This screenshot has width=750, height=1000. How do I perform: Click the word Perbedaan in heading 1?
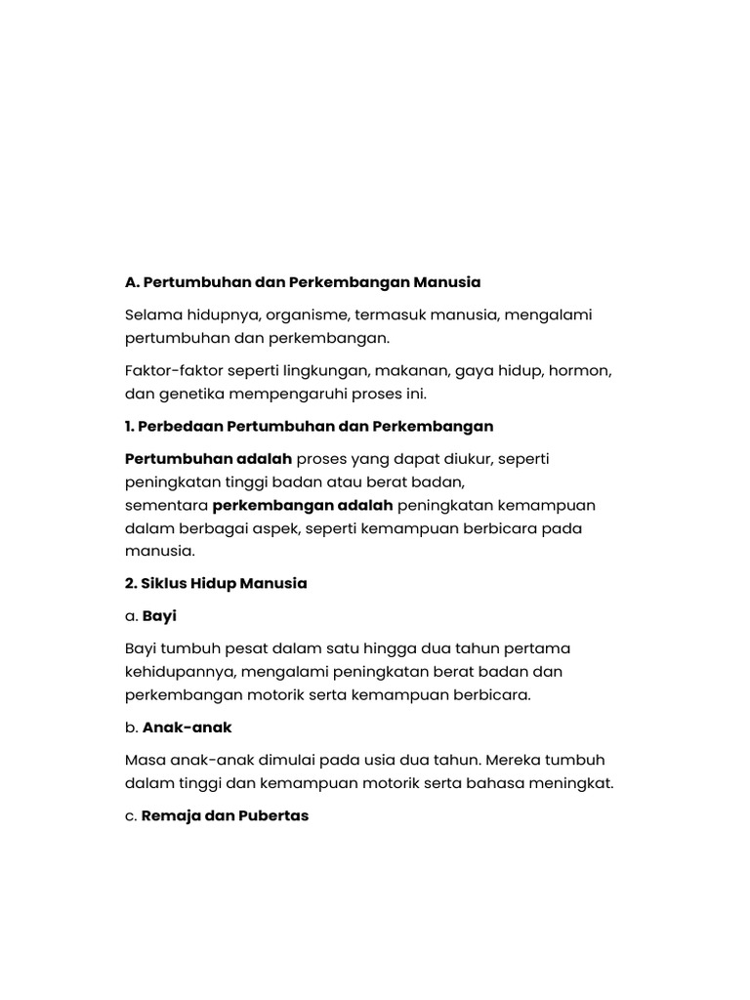tap(176, 427)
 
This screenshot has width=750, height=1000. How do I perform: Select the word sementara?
tap(166, 505)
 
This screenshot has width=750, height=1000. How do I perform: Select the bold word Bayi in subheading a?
tap(159, 616)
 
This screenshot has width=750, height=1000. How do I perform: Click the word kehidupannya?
tap(181, 672)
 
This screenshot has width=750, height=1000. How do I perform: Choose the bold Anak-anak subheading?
tap(187, 728)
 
